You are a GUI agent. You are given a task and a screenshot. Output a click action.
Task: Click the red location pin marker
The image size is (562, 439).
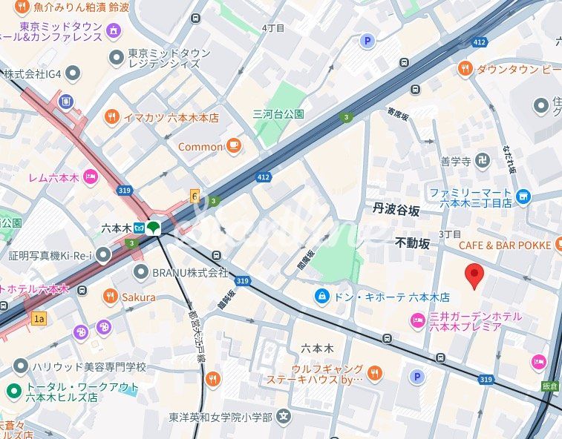[x=474, y=275]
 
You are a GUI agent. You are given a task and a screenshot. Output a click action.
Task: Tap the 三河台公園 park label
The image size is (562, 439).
[x=278, y=114]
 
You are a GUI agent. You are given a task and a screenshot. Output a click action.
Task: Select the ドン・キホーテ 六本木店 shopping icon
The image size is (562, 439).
[x=321, y=296]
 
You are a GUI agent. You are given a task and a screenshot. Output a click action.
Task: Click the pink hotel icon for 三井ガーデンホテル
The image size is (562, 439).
[x=417, y=320]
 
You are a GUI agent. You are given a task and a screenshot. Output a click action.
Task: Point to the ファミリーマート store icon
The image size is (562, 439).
[x=524, y=196]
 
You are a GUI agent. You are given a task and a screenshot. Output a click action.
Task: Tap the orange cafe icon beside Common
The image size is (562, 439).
[x=234, y=146]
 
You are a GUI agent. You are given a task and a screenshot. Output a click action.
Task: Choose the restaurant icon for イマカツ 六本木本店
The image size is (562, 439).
[x=111, y=116]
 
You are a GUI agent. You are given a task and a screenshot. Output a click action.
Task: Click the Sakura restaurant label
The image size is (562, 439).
[x=139, y=297]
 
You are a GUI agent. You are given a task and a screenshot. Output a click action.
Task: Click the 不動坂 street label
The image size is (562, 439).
[x=412, y=242]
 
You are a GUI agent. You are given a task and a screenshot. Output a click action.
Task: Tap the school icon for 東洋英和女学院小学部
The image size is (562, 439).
[x=283, y=416]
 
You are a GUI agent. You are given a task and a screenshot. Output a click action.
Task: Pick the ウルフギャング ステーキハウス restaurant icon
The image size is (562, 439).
[x=375, y=374]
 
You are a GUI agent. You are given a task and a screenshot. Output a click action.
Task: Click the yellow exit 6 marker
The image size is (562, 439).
[x=195, y=196]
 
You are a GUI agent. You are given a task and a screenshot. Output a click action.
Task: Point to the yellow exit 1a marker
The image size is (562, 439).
[x=39, y=318]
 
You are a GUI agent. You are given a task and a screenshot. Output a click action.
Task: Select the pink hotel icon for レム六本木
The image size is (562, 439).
[x=91, y=176]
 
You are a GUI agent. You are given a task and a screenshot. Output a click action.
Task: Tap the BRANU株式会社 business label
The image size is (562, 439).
[x=190, y=272]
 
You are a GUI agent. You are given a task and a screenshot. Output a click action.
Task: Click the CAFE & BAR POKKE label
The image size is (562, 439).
[x=504, y=245]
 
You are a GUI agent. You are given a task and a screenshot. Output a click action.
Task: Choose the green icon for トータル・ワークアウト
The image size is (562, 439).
[x=13, y=392]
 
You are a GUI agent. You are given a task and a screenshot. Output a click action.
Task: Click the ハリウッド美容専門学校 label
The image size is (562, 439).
[x=88, y=366]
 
